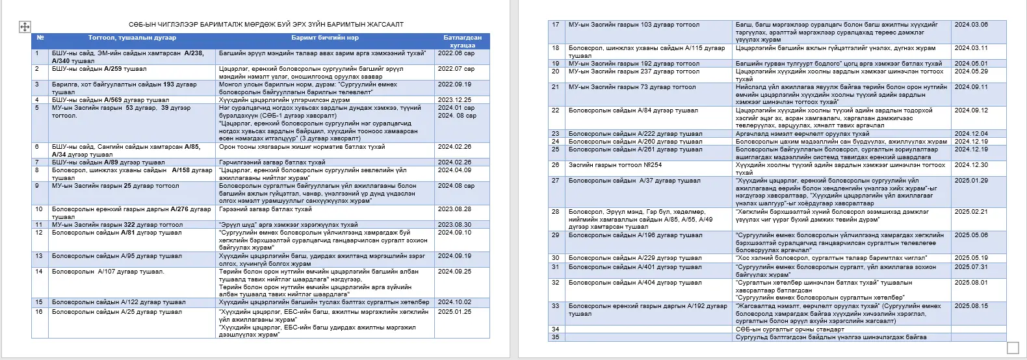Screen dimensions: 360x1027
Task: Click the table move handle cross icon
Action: pyautogui.click(x=25, y=27)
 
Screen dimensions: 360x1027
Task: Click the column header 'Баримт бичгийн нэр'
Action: pyautogui.click(x=325, y=38)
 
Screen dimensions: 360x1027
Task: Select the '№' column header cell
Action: pyautogui.click(x=40, y=38)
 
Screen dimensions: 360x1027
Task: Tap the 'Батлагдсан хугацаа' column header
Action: pyautogui.click(x=462, y=42)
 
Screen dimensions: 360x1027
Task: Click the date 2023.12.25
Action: pyautogui.click(x=454, y=100)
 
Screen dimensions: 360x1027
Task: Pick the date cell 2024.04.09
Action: pyautogui.click(x=454, y=170)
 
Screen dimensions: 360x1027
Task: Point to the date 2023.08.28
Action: pyautogui.click(x=454, y=209)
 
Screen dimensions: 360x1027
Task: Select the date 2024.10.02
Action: pyautogui.click(x=454, y=302)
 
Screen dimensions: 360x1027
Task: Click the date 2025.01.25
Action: pyautogui.click(x=454, y=312)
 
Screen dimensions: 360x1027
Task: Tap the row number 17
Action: pyautogui.click(x=555, y=25)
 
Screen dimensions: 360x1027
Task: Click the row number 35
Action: pyautogui.click(x=555, y=337)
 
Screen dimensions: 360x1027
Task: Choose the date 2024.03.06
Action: pyautogui.click(x=971, y=25)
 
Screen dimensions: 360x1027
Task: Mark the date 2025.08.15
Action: pyautogui.click(x=971, y=306)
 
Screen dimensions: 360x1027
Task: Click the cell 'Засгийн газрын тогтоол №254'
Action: pyautogui.click(x=615, y=165)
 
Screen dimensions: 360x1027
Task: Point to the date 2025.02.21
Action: pyautogui.click(x=971, y=212)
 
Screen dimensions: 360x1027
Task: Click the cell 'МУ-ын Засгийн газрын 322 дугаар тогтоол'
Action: pyautogui.click(x=117, y=225)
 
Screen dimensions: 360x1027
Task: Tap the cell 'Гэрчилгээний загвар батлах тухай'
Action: pyautogui.click(x=272, y=162)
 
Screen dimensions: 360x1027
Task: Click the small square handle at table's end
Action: pyautogui.click(x=1013, y=348)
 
